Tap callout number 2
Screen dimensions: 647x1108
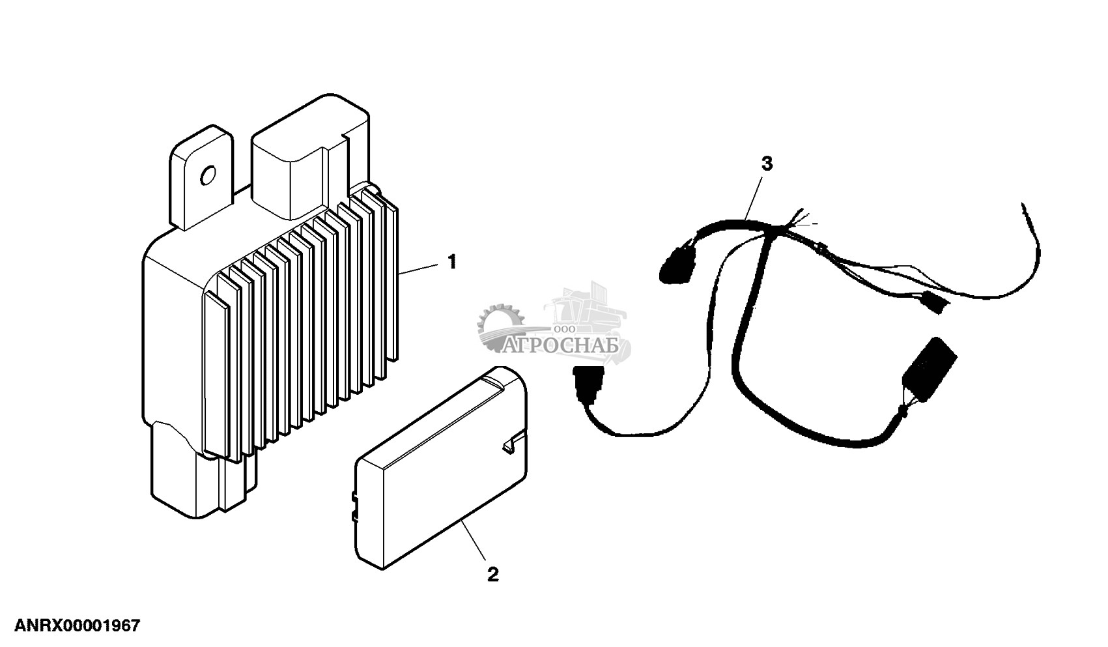tap(493, 574)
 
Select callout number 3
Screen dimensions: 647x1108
tap(767, 164)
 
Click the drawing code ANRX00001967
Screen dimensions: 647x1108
tap(70, 626)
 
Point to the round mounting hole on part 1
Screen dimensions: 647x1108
tap(208, 175)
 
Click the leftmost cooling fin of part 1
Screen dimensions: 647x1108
tap(214, 371)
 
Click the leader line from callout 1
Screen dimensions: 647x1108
tap(420, 267)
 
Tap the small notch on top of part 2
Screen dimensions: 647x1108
tap(511, 444)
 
